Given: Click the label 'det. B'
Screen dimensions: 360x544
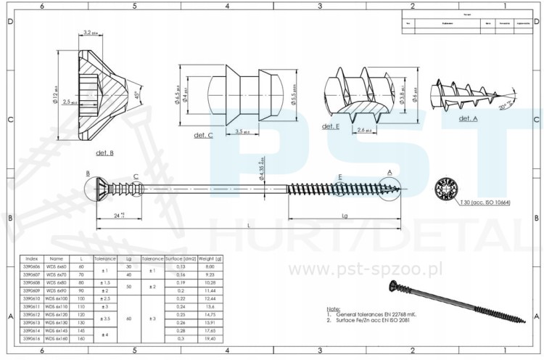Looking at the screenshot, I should click(106, 154).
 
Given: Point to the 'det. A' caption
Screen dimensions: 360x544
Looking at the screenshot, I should click(468, 118).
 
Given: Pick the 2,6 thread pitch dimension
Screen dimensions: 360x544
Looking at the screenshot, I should click(366, 130).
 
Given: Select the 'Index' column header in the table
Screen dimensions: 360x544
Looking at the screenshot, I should click(32, 258).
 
